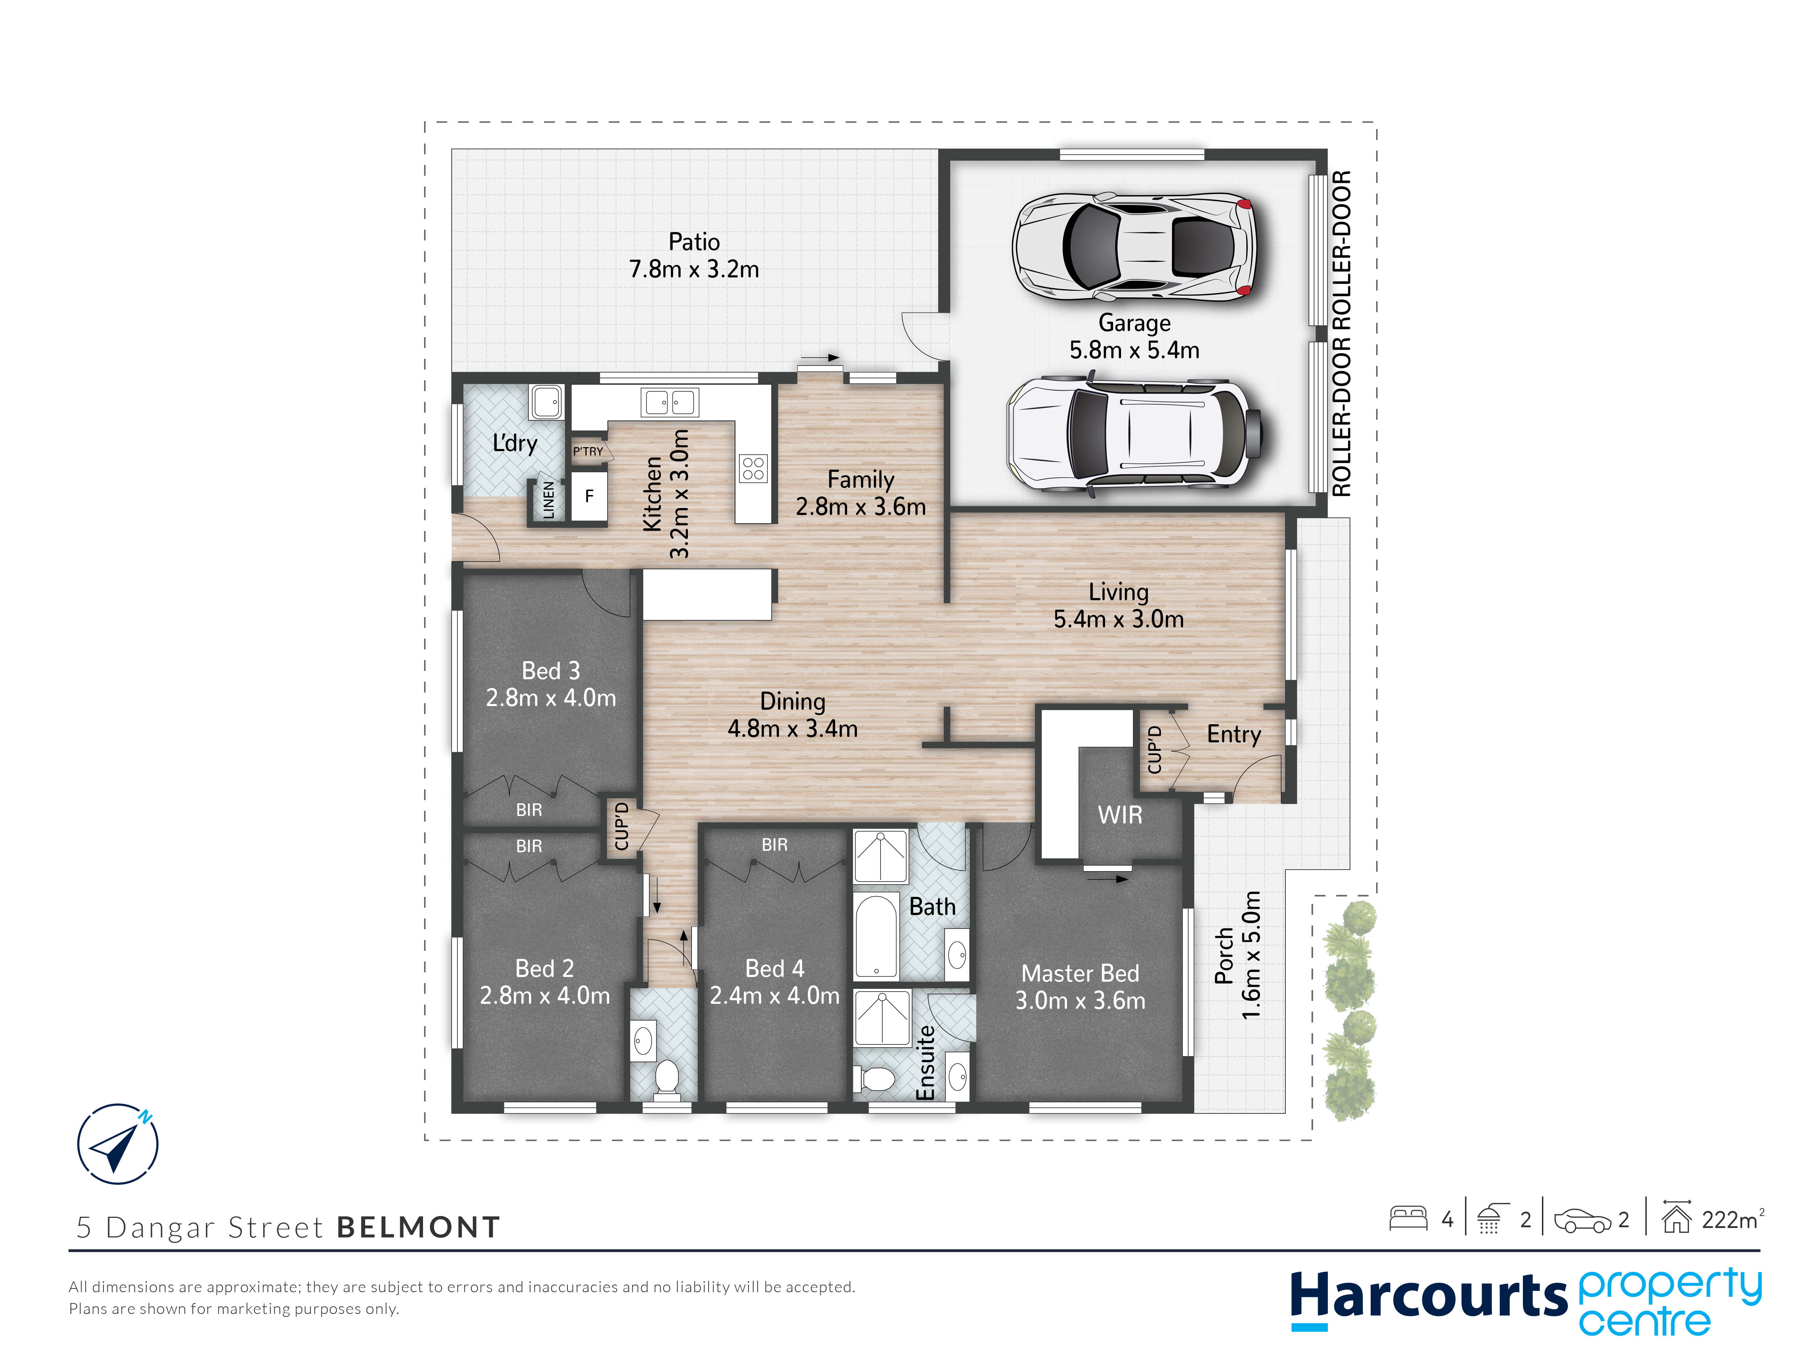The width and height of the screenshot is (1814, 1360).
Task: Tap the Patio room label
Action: [x=694, y=242]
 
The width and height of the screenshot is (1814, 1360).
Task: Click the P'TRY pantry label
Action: [x=588, y=452]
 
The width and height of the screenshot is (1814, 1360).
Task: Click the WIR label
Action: [x=1119, y=815]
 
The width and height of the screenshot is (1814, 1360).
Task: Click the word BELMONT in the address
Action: [x=418, y=1227]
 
